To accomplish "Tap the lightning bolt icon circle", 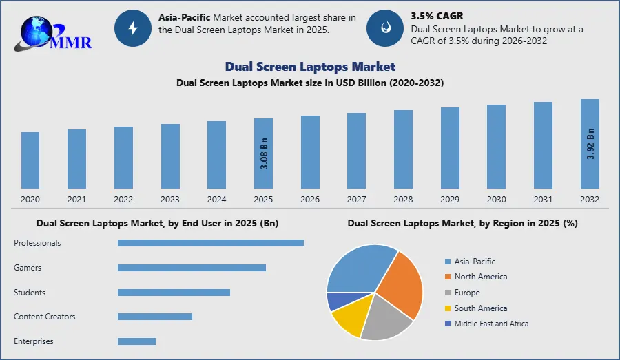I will [132, 28].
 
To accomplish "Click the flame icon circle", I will [384, 28].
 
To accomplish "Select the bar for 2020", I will [30, 160].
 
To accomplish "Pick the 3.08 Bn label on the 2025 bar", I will [263, 152].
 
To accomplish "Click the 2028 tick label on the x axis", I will [403, 199].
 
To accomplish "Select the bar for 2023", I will [170, 156].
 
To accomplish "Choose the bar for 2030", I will [496, 147].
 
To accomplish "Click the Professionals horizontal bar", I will [210, 243].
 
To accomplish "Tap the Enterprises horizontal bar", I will [136, 341].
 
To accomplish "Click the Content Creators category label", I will [45, 317].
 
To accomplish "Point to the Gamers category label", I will [28, 268].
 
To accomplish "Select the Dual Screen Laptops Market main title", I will [310, 67].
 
